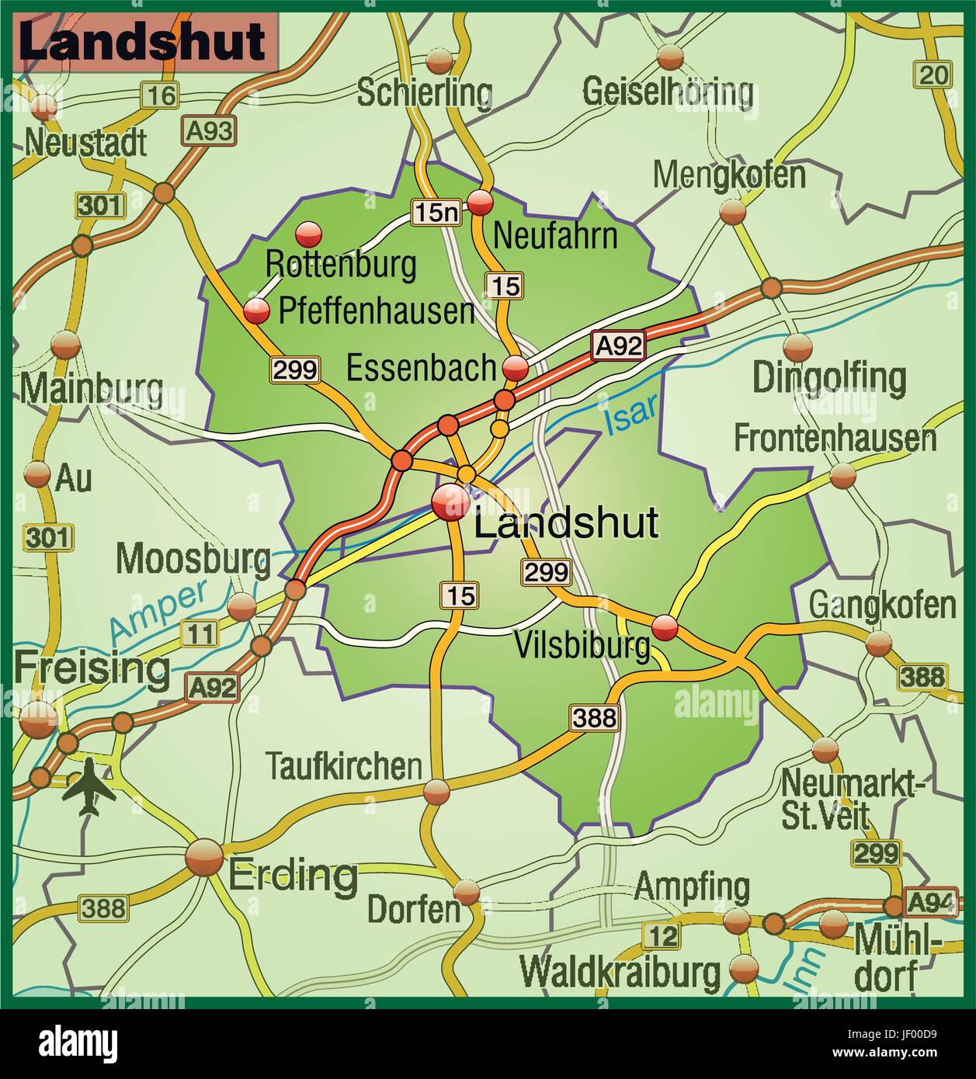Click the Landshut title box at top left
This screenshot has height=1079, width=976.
(144, 43)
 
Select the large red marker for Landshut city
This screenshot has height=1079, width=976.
(451, 503)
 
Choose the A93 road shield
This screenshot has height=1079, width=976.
(208, 130)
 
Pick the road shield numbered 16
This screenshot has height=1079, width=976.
(160, 95)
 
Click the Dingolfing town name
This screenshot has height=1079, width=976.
(829, 378)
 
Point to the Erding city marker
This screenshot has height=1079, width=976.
(204, 858)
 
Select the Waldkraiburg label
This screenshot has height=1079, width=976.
(620, 971)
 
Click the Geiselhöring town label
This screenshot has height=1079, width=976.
(668, 92)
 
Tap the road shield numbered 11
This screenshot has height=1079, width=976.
(199, 633)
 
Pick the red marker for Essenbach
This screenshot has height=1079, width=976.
(515, 367)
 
